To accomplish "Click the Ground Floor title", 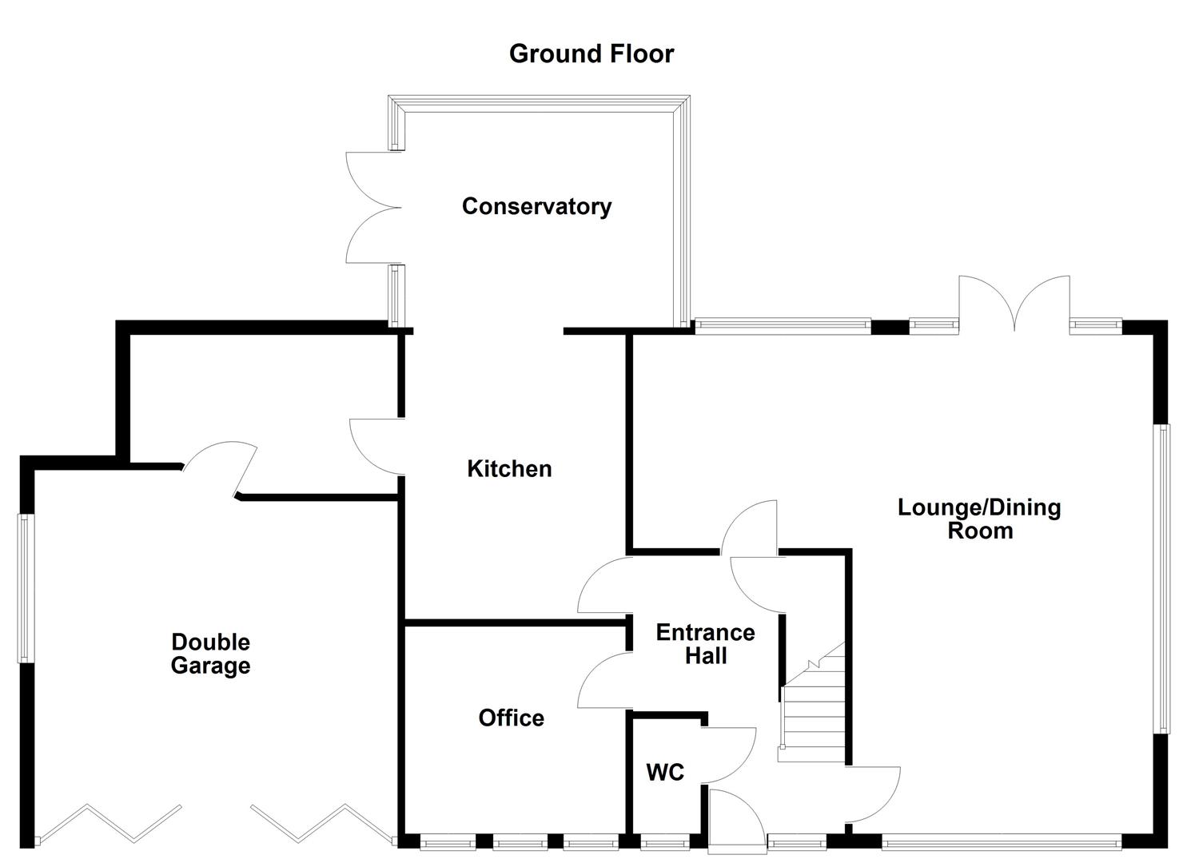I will tap(592, 54).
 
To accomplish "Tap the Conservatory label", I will tap(536, 206).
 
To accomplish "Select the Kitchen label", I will tap(509, 468).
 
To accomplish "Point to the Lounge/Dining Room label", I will tap(979, 519).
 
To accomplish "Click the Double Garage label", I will tap(210, 654).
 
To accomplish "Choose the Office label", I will tap(511, 718).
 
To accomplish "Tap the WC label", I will tap(665, 773).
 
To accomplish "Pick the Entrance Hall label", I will tap(705, 644).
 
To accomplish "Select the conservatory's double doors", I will tap(372, 208).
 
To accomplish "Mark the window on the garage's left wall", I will tap(25, 588).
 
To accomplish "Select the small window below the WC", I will tap(665, 841).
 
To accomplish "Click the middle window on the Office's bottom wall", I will tap(520, 841).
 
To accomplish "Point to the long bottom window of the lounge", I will tap(1001, 841).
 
